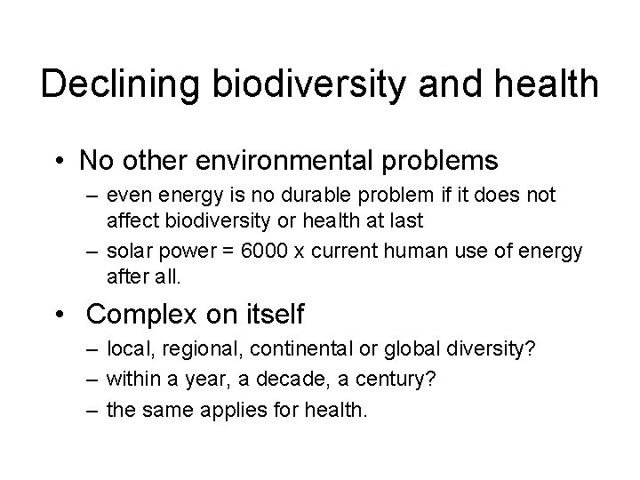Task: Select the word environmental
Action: point(293,161)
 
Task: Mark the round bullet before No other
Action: point(59,162)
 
